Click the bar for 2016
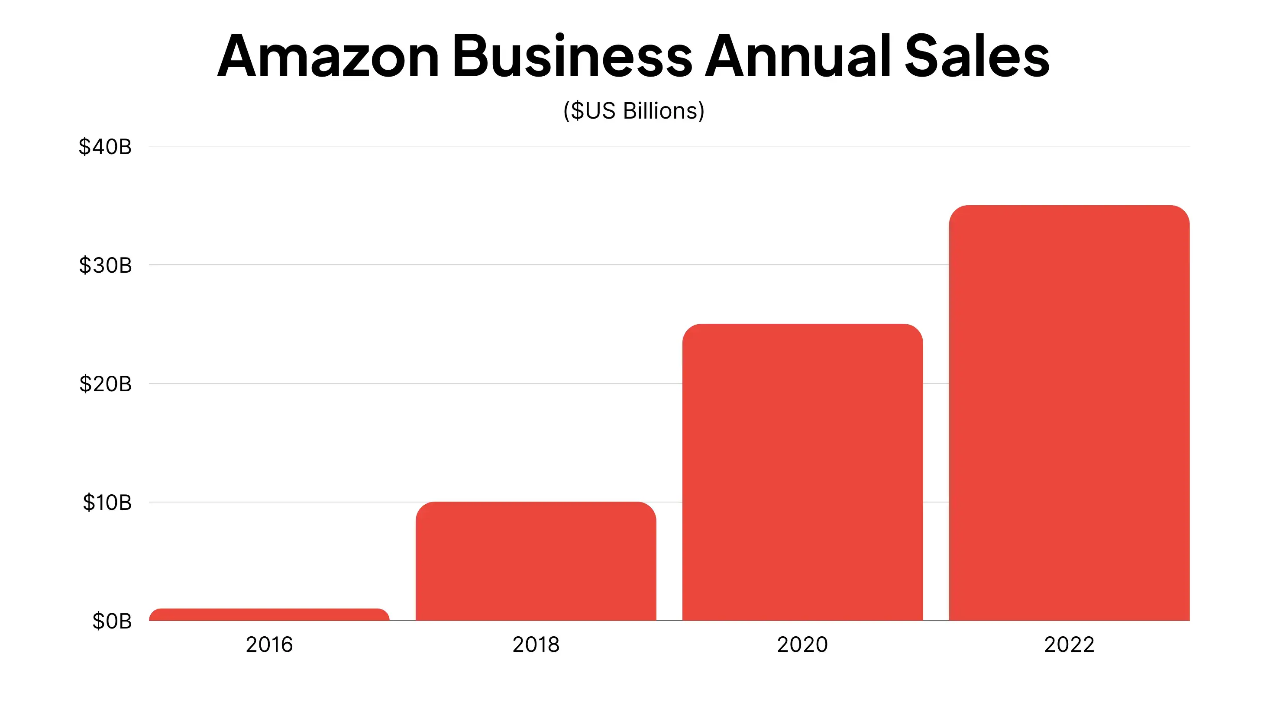pyautogui.click(x=269, y=615)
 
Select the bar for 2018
pyautogui.click(x=536, y=561)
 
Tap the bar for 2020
pyautogui.click(x=802, y=472)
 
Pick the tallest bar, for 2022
pyautogui.click(x=1069, y=413)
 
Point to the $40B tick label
pyautogui.click(x=105, y=147)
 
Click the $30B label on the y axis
pyautogui.click(x=105, y=265)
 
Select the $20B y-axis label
pyautogui.click(x=105, y=384)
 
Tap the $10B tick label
pyautogui.click(x=107, y=503)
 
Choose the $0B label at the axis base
pyautogui.click(x=112, y=621)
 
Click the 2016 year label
pyautogui.click(x=269, y=645)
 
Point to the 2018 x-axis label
pyautogui.click(x=536, y=645)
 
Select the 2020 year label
pyautogui.click(x=802, y=645)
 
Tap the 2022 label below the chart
pyautogui.click(x=1069, y=645)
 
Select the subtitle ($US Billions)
pyautogui.click(x=633, y=111)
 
